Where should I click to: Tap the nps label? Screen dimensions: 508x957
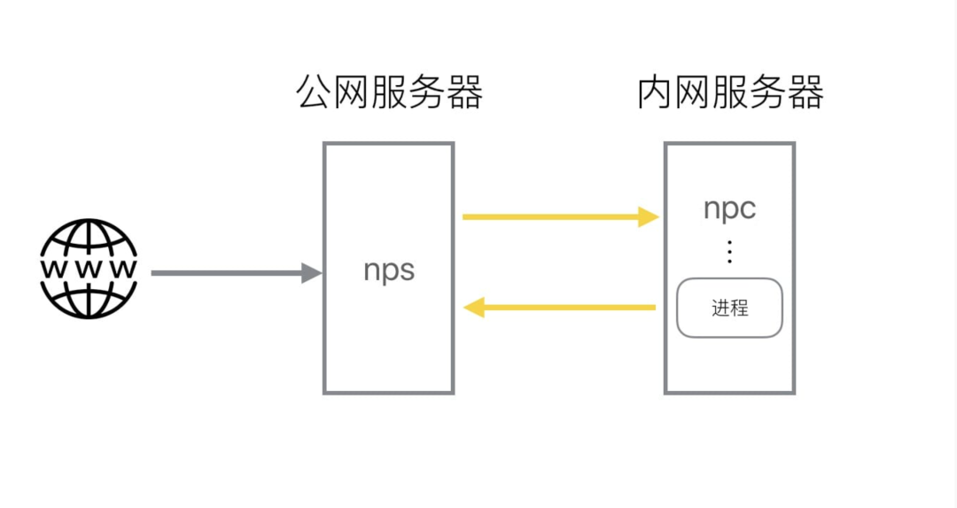coord(389,270)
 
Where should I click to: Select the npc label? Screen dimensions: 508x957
coord(730,208)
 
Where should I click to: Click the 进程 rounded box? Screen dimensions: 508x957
coord(729,309)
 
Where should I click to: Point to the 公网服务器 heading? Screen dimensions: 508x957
coord(389,93)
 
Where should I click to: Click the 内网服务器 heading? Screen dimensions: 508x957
coord(730,93)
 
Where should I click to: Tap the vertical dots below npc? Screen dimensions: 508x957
coord(730,252)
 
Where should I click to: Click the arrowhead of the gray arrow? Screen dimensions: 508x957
coord(311,273)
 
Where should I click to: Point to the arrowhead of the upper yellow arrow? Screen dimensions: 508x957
coord(650,216)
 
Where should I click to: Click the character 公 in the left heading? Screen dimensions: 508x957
coord(315,93)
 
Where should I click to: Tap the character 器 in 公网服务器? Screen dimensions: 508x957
coord(464,93)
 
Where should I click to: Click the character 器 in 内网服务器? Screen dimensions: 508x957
coord(805,93)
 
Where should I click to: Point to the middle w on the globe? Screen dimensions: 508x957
coord(89,268)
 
